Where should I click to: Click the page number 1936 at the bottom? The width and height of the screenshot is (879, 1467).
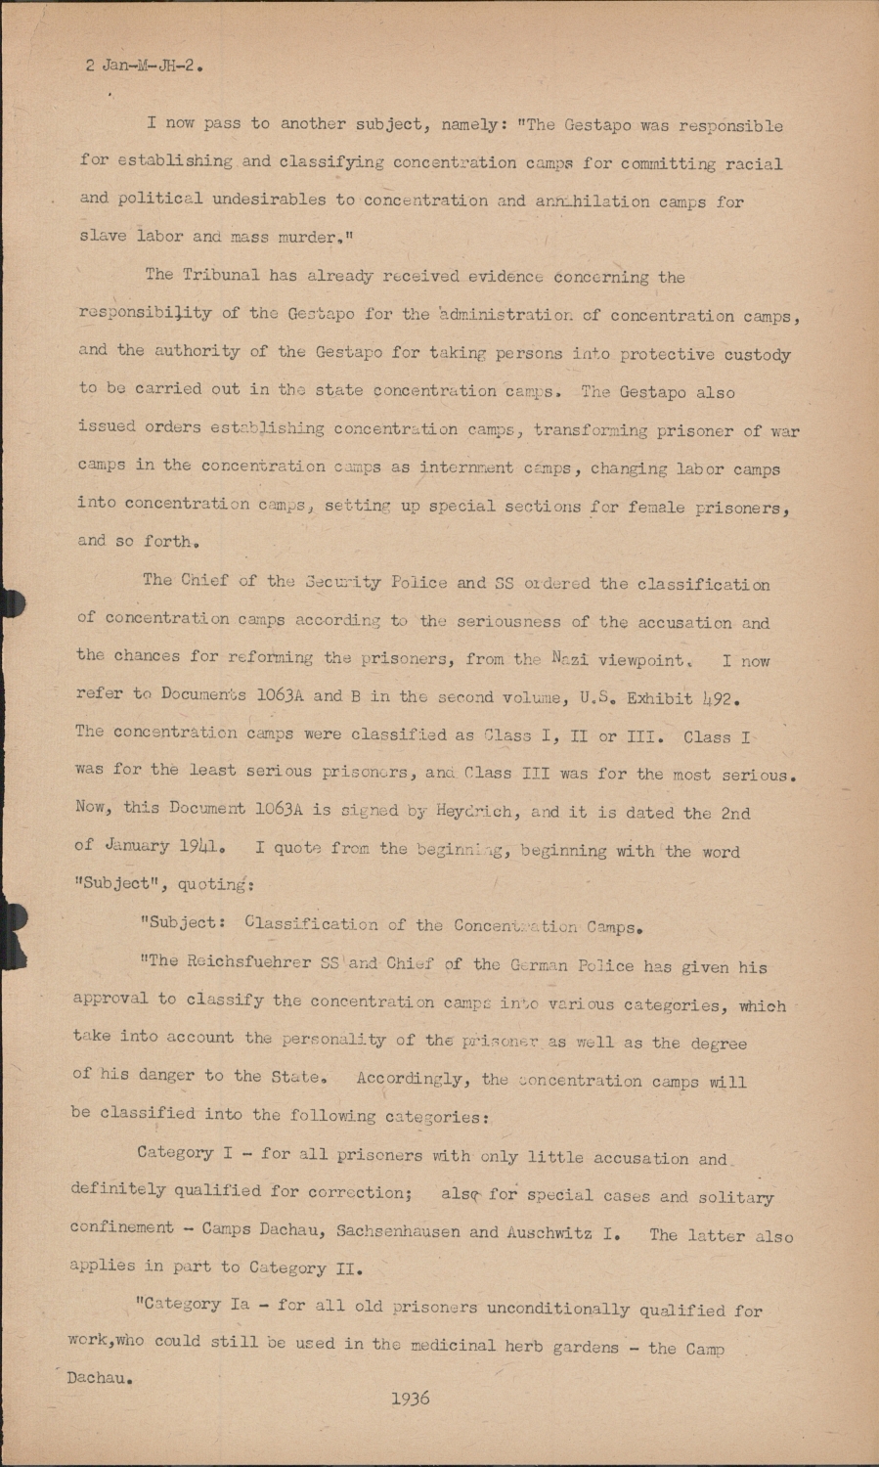coord(410,1399)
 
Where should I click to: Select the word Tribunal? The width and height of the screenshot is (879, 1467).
coord(226,275)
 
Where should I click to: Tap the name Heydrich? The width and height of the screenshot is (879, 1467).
coord(467,811)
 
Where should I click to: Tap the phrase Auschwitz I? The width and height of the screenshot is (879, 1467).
coord(562,1232)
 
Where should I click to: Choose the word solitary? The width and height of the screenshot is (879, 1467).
coord(734,1197)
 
